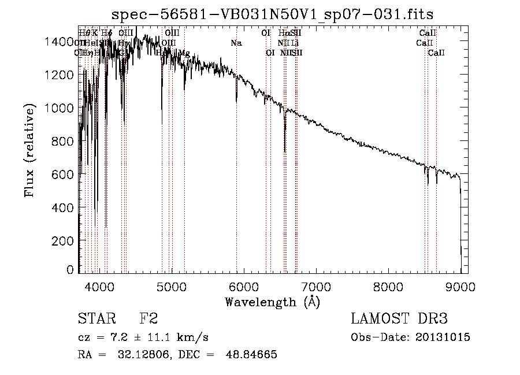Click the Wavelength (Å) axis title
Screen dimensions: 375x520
point(272,302)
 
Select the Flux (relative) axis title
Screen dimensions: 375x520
point(29,150)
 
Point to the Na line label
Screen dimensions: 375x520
point(236,43)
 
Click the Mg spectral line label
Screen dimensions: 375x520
point(184,53)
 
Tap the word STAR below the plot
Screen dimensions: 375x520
point(95,319)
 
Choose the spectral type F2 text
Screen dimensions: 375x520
point(149,319)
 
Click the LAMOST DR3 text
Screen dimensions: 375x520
point(399,319)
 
